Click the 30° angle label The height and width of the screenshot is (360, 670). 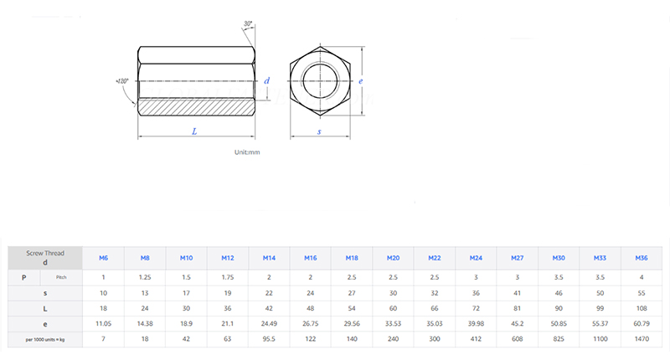[x=249, y=23]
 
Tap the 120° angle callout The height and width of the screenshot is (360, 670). [x=122, y=81]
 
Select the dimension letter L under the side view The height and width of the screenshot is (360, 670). [x=194, y=131]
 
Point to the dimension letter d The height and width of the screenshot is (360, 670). [x=266, y=80]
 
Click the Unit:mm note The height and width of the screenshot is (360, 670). [x=247, y=152]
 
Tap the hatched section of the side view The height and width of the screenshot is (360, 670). [x=194, y=107]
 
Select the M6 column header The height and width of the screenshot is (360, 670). [x=103, y=258]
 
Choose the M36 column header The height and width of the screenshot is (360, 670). [x=642, y=258]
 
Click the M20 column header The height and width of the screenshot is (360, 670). [x=393, y=258]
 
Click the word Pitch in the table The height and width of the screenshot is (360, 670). [x=61, y=276]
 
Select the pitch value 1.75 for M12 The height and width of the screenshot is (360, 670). [x=227, y=276]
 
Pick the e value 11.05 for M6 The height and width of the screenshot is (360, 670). [x=103, y=322]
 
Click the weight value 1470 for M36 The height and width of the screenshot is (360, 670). [x=642, y=339]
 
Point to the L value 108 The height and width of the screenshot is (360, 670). [x=642, y=307]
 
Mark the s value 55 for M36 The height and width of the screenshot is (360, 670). [x=642, y=292]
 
